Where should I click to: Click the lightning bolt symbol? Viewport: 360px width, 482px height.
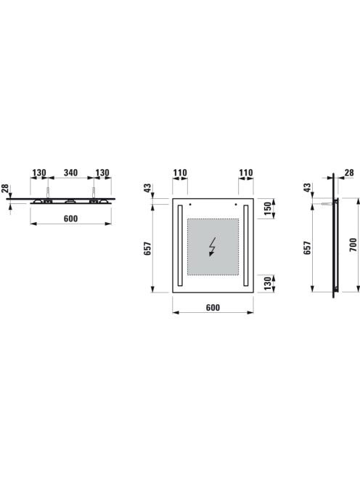(x=213, y=247)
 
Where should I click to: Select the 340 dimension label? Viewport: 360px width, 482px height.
(x=70, y=173)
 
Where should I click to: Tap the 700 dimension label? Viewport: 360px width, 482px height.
(x=353, y=245)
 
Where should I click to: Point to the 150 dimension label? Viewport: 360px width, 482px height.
(x=268, y=208)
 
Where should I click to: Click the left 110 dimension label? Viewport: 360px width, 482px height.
(x=180, y=173)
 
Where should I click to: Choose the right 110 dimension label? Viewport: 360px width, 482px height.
(x=246, y=173)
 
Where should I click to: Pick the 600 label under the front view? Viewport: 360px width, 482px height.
(x=213, y=307)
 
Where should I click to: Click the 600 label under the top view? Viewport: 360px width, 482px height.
(x=70, y=218)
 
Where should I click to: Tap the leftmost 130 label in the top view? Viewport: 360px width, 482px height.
(x=39, y=173)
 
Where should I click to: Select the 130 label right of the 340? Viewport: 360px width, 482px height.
(x=102, y=173)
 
